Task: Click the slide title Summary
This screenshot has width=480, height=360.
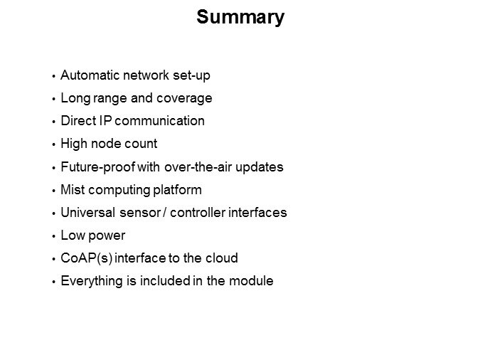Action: [x=240, y=18]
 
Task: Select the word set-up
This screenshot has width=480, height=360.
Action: [x=191, y=75]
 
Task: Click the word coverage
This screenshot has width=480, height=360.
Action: [x=184, y=99]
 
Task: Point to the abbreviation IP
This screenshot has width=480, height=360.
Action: [x=105, y=121]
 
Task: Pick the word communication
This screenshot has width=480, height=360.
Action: [x=159, y=121]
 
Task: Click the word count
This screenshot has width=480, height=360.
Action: [x=141, y=144]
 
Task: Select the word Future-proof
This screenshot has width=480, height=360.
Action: [x=98, y=167]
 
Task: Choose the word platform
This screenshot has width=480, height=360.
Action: [x=177, y=190]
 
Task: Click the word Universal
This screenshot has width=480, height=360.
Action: [x=87, y=212]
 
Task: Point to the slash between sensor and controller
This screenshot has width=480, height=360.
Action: [x=165, y=212]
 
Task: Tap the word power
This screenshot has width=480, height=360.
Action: [x=107, y=236]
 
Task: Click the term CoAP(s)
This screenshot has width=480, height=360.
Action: [x=86, y=258]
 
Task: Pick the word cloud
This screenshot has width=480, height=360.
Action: [x=222, y=258]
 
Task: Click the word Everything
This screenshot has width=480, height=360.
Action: [x=92, y=281]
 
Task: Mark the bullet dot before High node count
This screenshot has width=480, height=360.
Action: [x=53, y=144]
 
